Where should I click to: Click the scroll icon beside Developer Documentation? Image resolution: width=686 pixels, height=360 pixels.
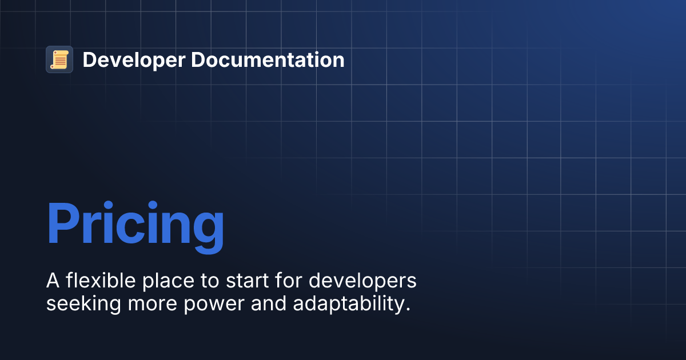click(59, 59)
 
